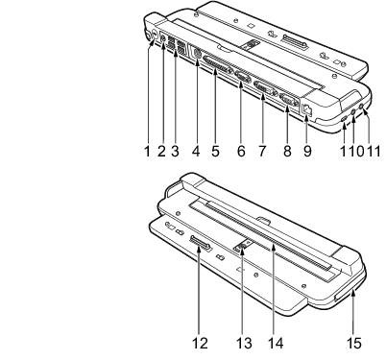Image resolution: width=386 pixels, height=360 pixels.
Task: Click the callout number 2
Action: coord(161,151)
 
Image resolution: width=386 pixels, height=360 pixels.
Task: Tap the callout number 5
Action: coord(215,151)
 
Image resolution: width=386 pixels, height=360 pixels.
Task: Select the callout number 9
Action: coord(307,151)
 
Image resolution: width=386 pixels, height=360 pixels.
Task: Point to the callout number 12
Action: coord(200,344)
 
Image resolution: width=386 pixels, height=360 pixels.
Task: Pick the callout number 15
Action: coord(354,344)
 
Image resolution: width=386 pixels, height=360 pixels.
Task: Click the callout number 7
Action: coord(262,151)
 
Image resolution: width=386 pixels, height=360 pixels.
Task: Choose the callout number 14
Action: coord(276,344)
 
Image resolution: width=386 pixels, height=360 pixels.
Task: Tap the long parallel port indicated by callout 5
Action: coord(217,66)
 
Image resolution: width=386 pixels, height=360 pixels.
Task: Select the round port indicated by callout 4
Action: coord(196,54)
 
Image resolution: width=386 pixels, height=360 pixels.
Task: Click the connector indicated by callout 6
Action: coord(243,77)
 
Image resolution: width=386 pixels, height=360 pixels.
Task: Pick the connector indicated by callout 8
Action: coord(289,101)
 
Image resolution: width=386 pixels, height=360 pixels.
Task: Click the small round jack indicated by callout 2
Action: coord(163,38)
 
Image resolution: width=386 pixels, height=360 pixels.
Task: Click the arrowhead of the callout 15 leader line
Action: coord(353,291)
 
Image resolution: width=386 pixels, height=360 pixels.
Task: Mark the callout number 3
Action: coord(175,151)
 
